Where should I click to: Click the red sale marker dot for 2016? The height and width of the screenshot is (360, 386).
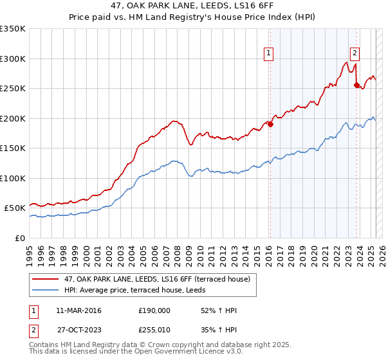coord(270,125)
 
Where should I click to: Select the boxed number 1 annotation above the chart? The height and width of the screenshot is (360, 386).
coord(268,54)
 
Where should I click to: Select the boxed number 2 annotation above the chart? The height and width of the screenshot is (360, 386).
coord(354,54)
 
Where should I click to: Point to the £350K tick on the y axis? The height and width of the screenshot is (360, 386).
coord(13,29)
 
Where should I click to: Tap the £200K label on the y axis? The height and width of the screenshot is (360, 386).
coord(13,118)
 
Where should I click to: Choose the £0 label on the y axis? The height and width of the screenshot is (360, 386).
coord(19,239)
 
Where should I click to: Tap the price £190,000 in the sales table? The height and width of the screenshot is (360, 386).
coord(154,310)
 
